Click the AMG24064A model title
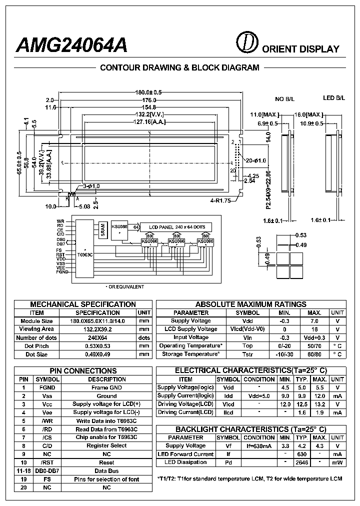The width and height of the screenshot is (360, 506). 72,45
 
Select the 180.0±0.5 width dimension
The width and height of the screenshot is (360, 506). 149,92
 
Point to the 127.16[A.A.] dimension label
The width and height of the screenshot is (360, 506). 149,121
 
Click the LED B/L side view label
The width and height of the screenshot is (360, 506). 333,98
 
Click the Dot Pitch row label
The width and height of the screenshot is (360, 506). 36,346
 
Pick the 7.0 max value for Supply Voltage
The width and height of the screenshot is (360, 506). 314,321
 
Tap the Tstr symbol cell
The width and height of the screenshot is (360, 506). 247,354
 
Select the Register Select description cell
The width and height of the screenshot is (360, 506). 106,445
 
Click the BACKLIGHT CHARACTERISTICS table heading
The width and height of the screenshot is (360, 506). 250,429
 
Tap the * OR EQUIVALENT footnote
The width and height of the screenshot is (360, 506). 124,286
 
